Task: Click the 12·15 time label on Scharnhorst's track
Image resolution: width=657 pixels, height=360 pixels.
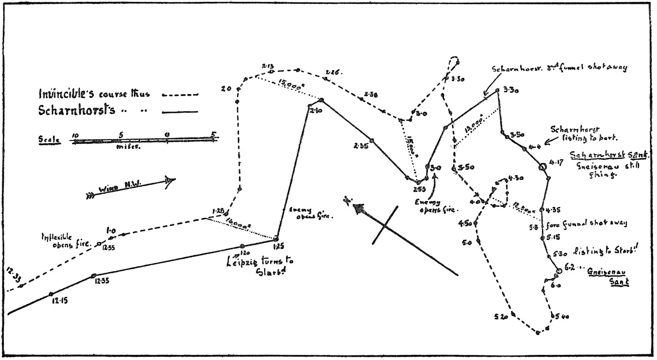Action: coord(59,301)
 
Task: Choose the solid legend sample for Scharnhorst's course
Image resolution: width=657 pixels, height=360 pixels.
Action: coord(180,112)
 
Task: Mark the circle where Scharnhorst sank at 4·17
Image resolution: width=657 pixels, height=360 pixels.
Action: coord(542,167)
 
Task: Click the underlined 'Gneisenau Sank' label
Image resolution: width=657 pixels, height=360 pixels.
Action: coord(608,277)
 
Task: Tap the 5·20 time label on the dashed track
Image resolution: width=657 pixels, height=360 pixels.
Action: coord(501,317)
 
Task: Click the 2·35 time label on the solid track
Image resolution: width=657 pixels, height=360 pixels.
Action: coord(361,146)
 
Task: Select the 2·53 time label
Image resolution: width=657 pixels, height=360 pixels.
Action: coord(420,189)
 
